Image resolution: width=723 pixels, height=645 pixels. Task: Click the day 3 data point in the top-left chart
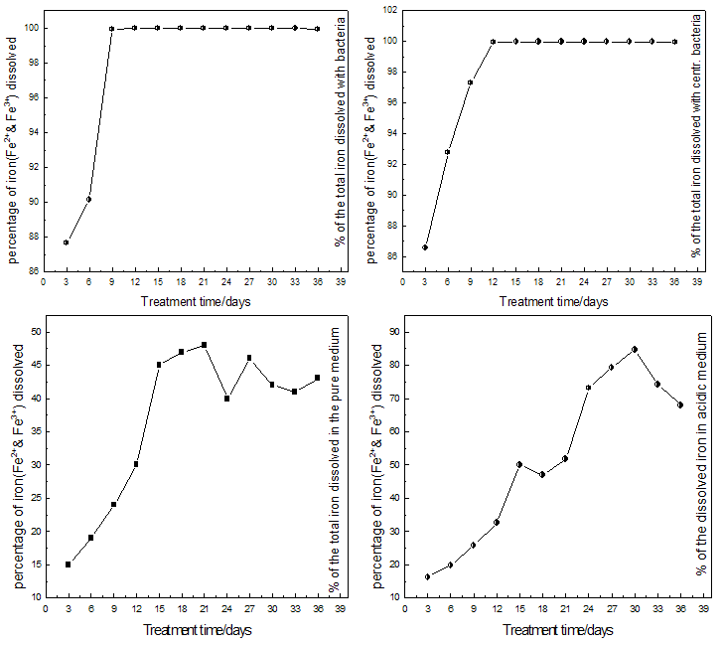pos(67,242)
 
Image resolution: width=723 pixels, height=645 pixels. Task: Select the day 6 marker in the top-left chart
pos(89,199)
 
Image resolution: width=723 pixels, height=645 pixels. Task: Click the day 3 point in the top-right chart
pos(425,247)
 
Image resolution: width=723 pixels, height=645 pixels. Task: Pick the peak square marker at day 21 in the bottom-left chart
pos(204,345)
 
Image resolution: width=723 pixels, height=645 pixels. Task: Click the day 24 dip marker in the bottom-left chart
pos(226,399)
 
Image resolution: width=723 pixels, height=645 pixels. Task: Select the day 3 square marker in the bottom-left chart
pos(68,564)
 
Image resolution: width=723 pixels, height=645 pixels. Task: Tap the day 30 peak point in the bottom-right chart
pos(635,349)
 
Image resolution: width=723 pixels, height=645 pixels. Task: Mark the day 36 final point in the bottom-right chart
pos(680,404)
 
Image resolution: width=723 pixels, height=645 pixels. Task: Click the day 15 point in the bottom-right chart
pos(519,464)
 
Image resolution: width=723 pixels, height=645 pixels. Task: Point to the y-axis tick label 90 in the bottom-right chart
pos(394,331)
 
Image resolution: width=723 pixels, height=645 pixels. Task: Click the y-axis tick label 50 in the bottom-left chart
pos(36,331)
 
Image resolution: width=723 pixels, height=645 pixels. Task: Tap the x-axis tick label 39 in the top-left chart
pos(341,282)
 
